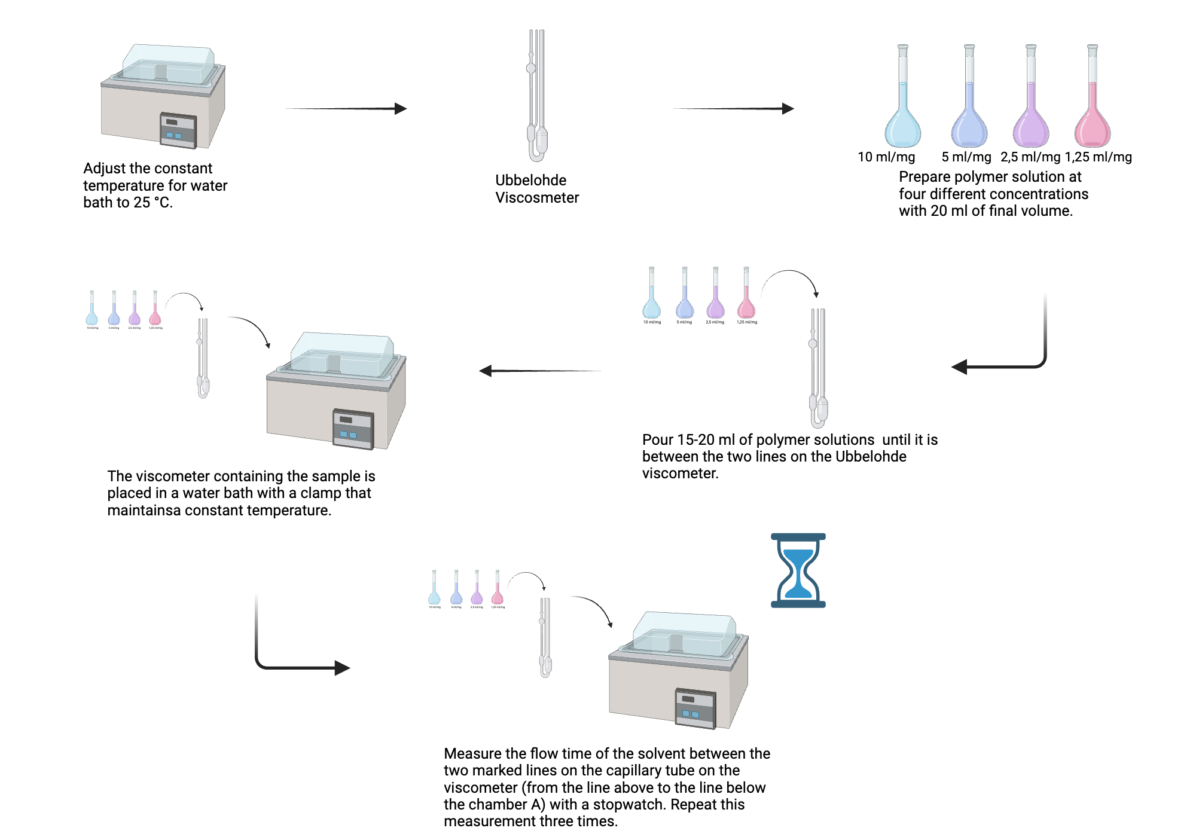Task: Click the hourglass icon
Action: [x=798, y=570]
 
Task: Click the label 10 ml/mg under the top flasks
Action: [x=886, y=157]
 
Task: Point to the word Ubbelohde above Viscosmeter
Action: [x=530, y=181]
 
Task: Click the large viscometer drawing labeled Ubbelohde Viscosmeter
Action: [x=536, y=96]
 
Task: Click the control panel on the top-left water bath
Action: [x=178, y=130]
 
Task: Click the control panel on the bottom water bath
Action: [x=695, y=709]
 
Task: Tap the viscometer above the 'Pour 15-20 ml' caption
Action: [x=817, y=368]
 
